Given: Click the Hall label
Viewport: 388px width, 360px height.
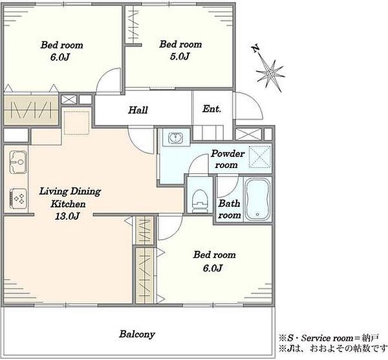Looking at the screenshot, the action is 138,110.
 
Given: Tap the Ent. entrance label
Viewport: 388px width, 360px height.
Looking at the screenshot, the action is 211,109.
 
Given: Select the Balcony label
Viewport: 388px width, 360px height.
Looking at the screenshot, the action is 137,334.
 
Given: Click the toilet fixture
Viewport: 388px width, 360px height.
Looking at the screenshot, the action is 200,200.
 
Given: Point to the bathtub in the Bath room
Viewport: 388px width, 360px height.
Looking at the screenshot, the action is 257,199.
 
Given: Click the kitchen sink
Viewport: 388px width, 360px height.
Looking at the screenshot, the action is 18,162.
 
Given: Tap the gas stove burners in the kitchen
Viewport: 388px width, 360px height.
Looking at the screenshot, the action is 18,198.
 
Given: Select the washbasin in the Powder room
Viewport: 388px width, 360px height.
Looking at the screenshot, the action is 175,138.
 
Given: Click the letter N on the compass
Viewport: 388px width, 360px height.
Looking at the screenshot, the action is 255,48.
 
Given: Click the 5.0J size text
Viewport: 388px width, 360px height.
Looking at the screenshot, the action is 180,57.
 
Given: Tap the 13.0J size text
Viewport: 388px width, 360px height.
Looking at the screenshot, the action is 67,217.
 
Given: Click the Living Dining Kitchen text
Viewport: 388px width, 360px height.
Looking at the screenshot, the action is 70,197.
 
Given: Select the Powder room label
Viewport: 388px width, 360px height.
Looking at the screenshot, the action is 228,159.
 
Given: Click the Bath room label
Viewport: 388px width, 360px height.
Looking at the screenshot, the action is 230,209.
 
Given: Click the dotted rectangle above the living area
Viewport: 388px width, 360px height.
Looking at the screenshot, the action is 76,123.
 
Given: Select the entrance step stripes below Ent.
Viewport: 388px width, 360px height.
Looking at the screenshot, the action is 208,132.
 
